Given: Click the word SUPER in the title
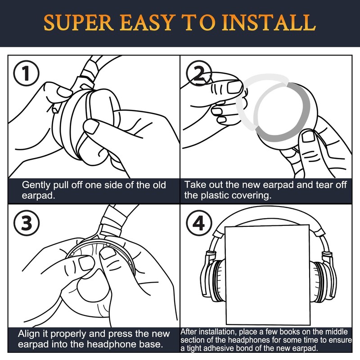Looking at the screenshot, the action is pos(78,22).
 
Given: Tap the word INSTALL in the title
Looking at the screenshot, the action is pos(269,22).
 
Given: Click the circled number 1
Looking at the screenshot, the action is pos(27,73).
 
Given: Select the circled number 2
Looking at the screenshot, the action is pos(199,73).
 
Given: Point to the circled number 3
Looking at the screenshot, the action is pos(27,223).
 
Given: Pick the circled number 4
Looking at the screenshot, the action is pos(199,223).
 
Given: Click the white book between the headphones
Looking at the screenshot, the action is pos(268,274).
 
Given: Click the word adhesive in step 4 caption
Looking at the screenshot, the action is pos(220,348).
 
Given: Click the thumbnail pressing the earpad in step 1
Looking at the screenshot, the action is pos(91,126).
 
